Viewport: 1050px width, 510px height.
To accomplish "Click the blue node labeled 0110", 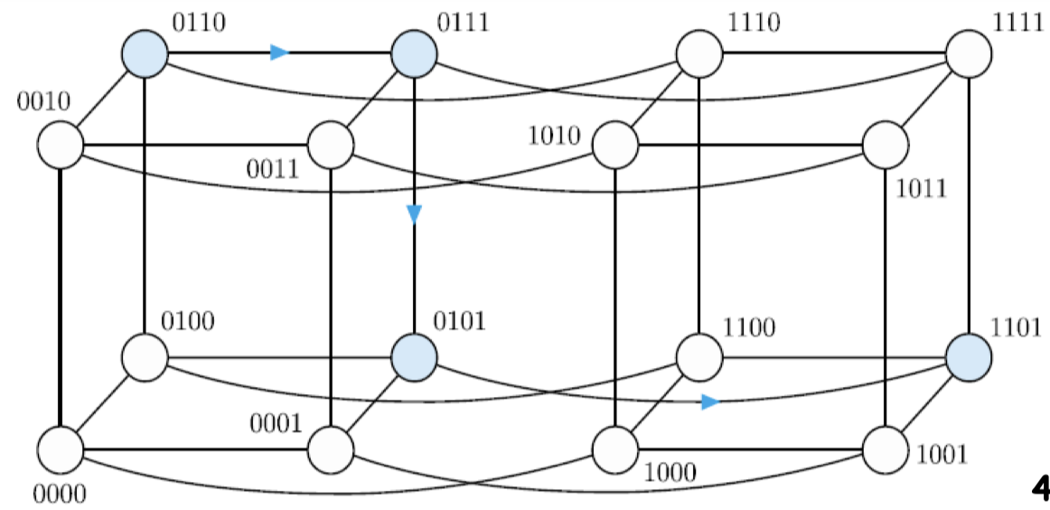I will (x=145, y=52).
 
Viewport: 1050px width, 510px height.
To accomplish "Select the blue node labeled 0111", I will (x=415, y=52).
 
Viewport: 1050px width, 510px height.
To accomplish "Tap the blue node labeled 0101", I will (x=415, y=356).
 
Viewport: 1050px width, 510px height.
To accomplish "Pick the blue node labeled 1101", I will (x=969, y=356).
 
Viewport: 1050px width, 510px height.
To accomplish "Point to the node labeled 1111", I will (x=969, y=52).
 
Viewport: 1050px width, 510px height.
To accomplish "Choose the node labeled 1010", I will (x=615, y=145).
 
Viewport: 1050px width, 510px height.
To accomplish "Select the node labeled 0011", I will (x=331, y=145).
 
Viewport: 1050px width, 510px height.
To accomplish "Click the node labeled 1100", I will (x=700, y=356).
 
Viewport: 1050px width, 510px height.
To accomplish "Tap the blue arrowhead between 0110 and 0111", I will (x=279, y=52).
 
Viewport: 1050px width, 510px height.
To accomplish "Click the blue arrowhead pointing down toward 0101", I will (x=415, y=214).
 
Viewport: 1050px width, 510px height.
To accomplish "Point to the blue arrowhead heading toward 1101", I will (x=710, y=401).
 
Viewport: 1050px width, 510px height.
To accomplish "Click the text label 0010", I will (x=42, y=100).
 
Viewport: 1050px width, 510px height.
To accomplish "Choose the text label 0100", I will (x=187, y=321).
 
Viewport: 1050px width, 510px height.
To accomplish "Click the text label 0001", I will (x=276, y=423).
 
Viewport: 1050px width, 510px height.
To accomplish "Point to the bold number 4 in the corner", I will (x=1039, y=489).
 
